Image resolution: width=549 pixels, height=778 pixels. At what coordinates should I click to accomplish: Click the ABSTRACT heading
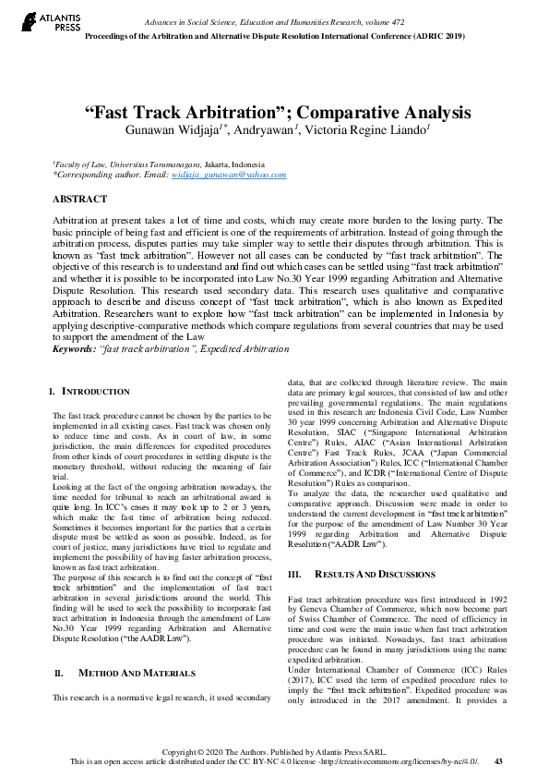(x=80, y=199)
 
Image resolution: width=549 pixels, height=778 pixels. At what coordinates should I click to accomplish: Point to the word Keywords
(x=73, y=349)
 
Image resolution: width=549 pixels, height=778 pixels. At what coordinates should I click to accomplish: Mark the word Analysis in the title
(x=431, y=113)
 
